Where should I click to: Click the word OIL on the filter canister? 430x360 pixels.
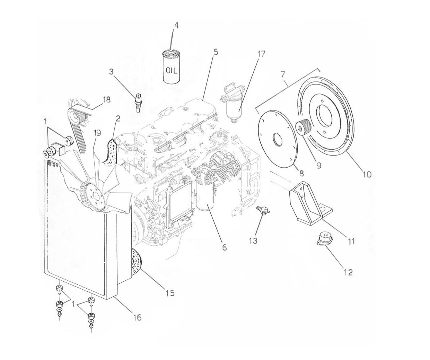pos(172,71)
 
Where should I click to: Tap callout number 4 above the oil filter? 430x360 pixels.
pos(176,26)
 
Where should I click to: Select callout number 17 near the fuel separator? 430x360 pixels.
pos(261,54)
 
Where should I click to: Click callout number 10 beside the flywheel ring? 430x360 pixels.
pos(367,174)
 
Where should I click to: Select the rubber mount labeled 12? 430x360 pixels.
pos(325,240)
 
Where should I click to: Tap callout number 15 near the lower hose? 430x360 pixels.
pos(169,293)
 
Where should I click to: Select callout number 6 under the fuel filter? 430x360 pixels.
pos(224,247)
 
